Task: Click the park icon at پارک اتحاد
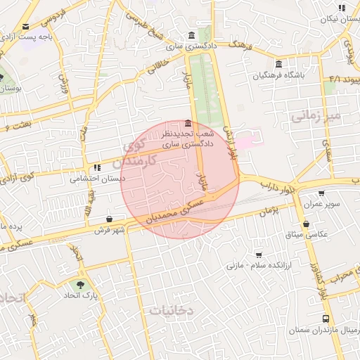[x=79, y=285]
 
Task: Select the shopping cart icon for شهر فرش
[x=110, y=219]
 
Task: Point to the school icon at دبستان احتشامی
[x=97, y=168]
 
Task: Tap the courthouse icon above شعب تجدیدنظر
[x=187, y=123]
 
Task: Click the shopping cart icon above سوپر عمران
[x=321, y=193]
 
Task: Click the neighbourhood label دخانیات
[x=172, y=309]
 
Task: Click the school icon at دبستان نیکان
[x=342, y=8]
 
